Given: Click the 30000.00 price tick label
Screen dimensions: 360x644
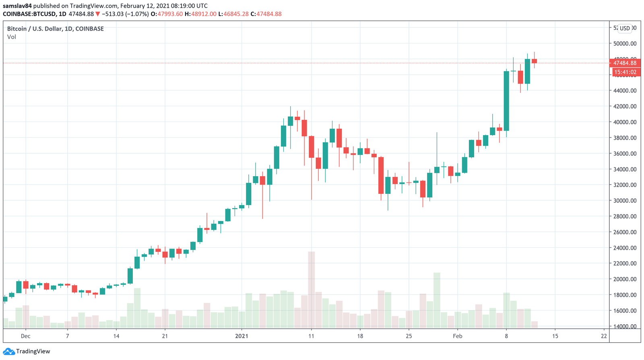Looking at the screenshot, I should [x=625, y=201].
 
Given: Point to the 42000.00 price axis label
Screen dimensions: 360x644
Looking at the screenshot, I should [x=625, y=106].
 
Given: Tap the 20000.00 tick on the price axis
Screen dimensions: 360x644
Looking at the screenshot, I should [x=625, y=279].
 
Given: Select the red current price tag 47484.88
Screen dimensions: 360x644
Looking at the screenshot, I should [x=625, y=63].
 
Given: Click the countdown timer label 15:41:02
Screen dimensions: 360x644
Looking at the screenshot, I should [x=625, y=72].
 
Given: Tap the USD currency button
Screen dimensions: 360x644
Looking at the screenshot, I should [x=625, y=28].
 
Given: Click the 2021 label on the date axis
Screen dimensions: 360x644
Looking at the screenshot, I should [x=242, y=336].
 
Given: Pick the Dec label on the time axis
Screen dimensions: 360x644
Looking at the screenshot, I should [x=25, y=336].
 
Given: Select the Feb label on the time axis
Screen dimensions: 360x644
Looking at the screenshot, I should [x=457, y=336].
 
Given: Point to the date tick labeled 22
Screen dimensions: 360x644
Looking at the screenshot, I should [x=604, y=336].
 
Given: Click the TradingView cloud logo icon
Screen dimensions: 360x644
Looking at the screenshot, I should [x=9, y=352].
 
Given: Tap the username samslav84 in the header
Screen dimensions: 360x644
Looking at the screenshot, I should [x=17, y=6].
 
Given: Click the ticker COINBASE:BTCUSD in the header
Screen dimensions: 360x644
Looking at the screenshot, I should [x=29, y=14].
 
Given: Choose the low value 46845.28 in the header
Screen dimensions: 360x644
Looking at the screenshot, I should [x=236, y=14].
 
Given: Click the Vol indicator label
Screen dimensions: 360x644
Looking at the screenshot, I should [x=12, y=37].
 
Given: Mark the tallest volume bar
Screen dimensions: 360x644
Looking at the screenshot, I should [x=311, y=290].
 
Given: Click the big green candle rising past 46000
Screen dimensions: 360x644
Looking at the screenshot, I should [x=506, y=101].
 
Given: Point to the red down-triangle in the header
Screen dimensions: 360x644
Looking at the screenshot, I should [x=97, y=14].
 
